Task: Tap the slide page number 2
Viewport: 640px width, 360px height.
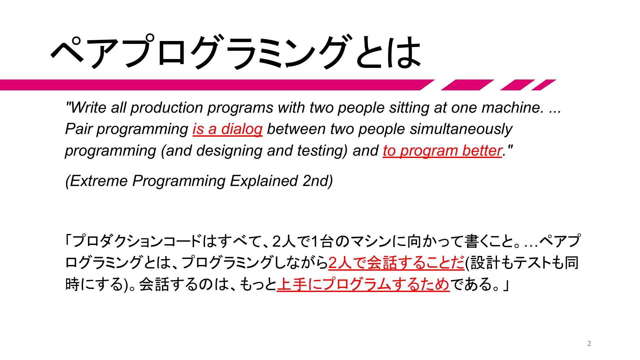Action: [x=589, y=344]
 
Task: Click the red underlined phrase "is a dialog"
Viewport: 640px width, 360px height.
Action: [x=228, y=129]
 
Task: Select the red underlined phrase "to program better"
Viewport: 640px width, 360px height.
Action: [x=442, y=151]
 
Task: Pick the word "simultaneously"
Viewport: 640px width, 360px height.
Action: [x=461, y=129]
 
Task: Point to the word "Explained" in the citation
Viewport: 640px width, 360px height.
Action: [x=264, y=181]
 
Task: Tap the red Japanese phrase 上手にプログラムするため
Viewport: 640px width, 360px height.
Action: [x=363, y=284]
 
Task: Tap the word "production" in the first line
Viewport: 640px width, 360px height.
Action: [x=167, y=107]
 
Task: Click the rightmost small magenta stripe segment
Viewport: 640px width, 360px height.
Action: [x=544, y=85]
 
